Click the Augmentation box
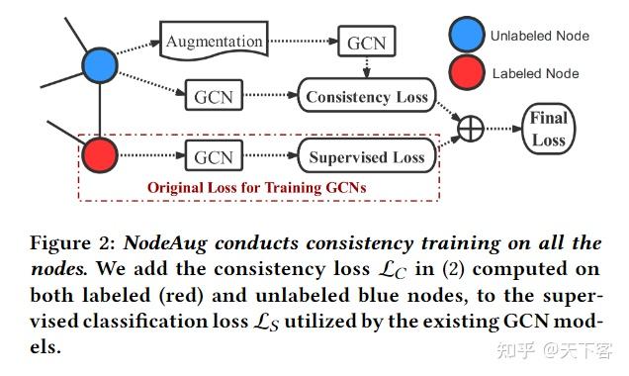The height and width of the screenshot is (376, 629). click(215, 41)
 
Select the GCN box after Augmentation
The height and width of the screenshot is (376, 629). click(365, 44)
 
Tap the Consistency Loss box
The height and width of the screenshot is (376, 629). click(366, 97)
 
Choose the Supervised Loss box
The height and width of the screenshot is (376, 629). click(366, 156)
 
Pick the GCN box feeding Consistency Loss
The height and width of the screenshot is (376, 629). click(213, 97)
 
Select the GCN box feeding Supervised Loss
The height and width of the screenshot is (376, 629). click(213, 156)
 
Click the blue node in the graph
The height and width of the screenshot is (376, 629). click(101, 65)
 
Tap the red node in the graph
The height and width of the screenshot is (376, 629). click(101, 156)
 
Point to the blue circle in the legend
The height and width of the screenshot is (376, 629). click(466, 35)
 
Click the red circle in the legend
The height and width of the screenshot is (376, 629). click(466, 73)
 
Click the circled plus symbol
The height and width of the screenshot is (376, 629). click(470, 128)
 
